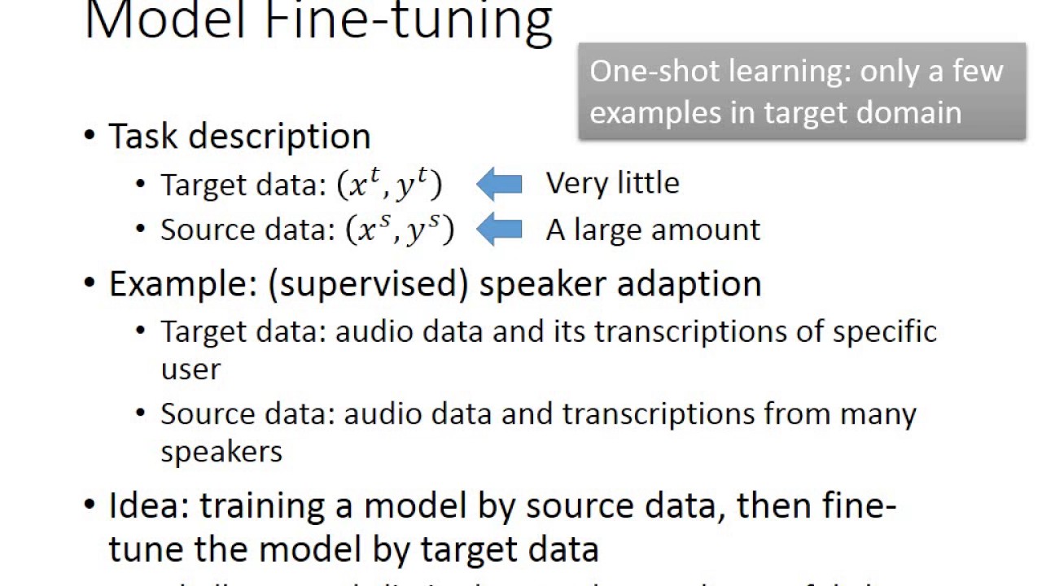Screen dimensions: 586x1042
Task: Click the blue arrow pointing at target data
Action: [498, 185]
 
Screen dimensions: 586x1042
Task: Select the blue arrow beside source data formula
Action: [498, 230]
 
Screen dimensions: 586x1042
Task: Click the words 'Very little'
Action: [612, 183]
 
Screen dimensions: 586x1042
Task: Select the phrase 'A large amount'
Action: [653, 230]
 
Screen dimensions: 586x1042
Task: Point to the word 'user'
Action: [190, 370]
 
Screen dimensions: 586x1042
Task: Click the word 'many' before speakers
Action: [878, 413]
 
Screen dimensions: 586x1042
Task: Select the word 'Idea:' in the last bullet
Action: [149, 505]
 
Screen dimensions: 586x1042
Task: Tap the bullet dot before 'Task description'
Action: [90, 135]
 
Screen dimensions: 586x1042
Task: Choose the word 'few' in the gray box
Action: [979, 72]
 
